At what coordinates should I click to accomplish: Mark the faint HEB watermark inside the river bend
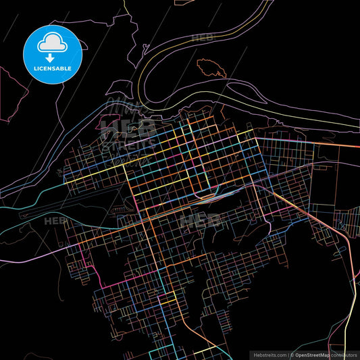pyautogui.click(x=202, y=38)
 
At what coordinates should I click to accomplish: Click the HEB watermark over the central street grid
pyautogui.click(x=195, y=220)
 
